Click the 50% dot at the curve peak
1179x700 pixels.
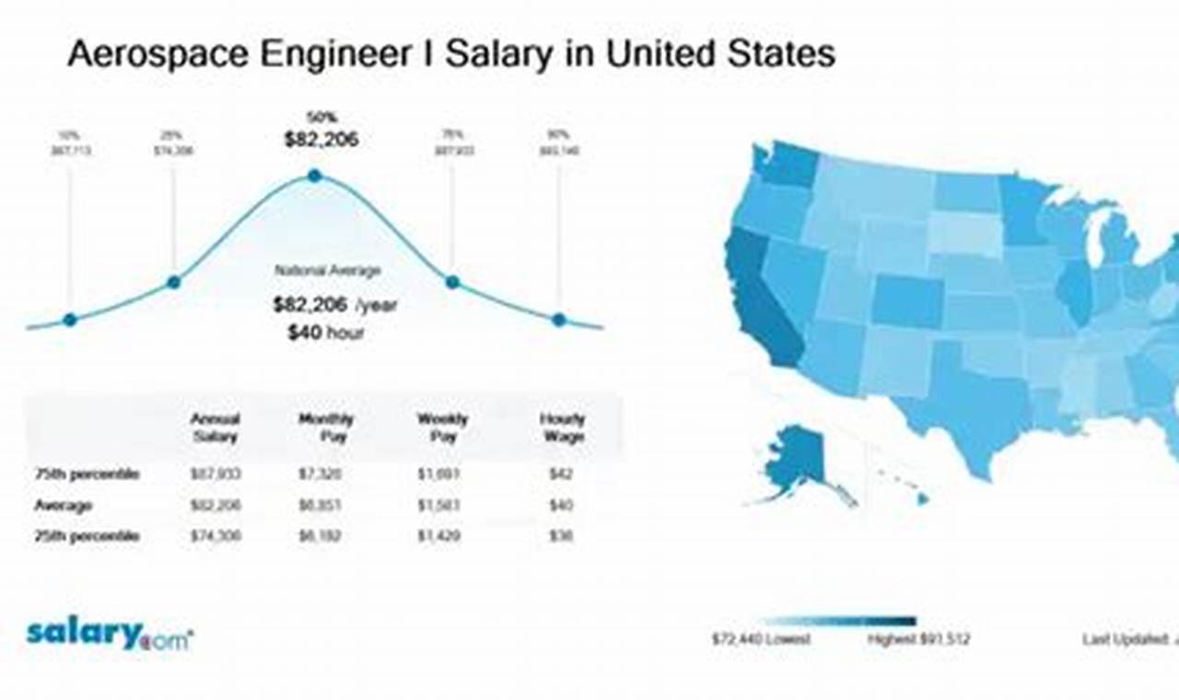314,175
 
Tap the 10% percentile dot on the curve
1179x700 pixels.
70,320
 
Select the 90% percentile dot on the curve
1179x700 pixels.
558,320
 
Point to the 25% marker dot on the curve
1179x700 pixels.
173,282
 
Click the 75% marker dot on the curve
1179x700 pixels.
452,282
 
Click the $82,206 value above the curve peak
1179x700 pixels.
321,140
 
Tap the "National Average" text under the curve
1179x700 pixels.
327,271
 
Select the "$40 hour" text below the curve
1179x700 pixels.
325,332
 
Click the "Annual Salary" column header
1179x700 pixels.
215,427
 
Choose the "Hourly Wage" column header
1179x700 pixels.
562,427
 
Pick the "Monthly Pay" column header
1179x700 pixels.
326,427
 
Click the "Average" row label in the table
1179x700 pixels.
63,505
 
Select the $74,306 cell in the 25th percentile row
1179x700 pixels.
216,535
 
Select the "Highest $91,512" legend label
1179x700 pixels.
917,638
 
